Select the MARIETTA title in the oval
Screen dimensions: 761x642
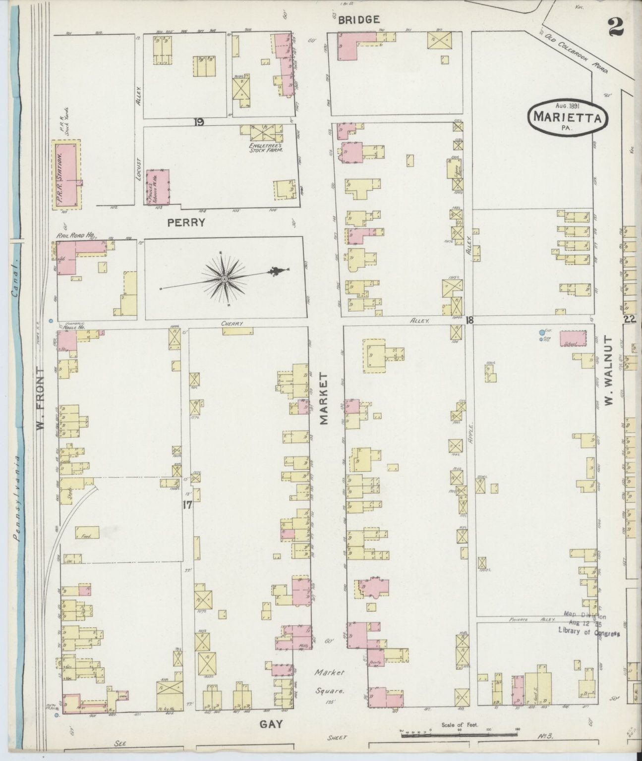tap(567, 118)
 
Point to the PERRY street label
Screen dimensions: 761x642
tap(186, 223)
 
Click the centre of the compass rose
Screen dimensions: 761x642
tap(225, 279)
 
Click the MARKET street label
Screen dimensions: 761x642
tap(324, 399)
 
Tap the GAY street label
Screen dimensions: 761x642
tap(271, 724)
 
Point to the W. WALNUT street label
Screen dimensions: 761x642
tap(609, 371)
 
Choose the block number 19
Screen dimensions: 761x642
tap(199, 122)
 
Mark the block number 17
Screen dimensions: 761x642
tap(187, 505)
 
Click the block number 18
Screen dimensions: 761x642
tap(469, 320)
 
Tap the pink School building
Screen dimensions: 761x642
tap(574, 338)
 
